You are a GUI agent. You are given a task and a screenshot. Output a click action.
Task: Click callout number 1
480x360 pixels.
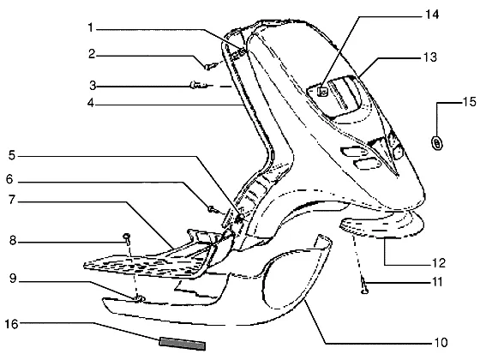pos(90,28)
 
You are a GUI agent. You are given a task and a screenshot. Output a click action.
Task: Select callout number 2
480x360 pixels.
pos(92,54)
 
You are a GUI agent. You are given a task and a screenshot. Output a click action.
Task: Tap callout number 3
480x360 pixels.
pos(93,86)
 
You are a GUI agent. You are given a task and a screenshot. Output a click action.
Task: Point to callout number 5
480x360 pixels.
pos(12,155)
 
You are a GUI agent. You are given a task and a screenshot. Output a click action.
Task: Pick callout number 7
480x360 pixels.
pos(12,200)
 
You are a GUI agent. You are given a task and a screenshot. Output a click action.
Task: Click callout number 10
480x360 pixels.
pos(441,342)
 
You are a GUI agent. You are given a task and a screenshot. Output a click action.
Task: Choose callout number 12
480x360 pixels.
pos(438,262)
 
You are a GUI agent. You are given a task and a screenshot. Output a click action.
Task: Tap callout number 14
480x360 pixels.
pos(432,15)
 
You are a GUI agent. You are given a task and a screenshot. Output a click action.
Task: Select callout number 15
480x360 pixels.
pos(469,102)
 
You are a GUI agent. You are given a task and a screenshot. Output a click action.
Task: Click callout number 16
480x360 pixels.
pos(12,324)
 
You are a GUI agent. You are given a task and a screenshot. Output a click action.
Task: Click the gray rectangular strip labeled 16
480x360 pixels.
pos(183,344)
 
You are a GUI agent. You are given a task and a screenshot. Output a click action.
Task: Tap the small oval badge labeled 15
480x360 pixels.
pos(437,143)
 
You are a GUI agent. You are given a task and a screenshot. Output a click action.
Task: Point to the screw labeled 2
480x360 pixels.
pos(212,66)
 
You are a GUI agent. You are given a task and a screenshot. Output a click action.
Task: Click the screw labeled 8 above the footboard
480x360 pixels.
pos(127,238)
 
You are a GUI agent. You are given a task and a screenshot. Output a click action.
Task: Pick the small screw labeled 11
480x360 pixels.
pos(364,286)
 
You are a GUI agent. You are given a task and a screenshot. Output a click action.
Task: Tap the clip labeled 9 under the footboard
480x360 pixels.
pos(139,298)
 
